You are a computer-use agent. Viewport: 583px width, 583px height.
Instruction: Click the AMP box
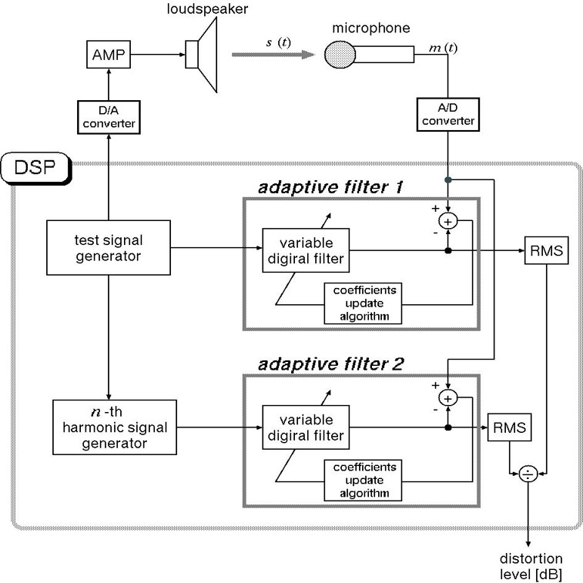(x=109, y=54)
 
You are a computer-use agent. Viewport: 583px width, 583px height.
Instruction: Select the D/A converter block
(x=109, y=117)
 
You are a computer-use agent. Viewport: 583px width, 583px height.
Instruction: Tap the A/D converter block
(x=448, y=115)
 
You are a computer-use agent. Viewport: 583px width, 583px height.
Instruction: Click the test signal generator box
(x=109, y=248)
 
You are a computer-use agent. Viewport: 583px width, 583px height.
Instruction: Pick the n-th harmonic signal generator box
(x=115, y=427)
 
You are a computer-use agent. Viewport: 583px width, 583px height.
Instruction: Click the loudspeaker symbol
(x=202, y=55)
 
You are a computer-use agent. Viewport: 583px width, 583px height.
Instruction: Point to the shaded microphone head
(x=340, y=55)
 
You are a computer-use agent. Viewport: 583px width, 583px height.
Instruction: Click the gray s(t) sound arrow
(x=273, y=55)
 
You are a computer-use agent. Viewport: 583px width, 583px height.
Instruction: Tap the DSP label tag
(x=35, y=168)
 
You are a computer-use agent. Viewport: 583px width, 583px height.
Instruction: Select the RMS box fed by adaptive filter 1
(x=546, y=250)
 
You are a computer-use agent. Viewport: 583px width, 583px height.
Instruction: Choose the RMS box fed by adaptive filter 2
(x=509, y=427)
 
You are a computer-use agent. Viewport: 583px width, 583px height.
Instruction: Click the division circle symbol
(x=528, y=474)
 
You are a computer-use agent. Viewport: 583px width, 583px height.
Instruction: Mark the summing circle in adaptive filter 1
(x=448, y=222)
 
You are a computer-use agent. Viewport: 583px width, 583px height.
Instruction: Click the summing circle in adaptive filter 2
(x=448, y=399)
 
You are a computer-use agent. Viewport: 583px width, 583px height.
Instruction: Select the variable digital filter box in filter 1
(x=306, y=250)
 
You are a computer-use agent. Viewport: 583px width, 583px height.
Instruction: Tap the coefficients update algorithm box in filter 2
(x=363, y=481)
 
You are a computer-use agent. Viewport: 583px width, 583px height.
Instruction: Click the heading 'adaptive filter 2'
(x=330, y=364)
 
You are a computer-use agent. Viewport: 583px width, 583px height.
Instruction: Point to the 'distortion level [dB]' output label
(x=531, y=566)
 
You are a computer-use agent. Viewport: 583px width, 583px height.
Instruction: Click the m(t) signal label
(x=443, y=48)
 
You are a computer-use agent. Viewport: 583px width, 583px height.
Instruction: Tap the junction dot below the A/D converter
(x=448, y=180)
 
